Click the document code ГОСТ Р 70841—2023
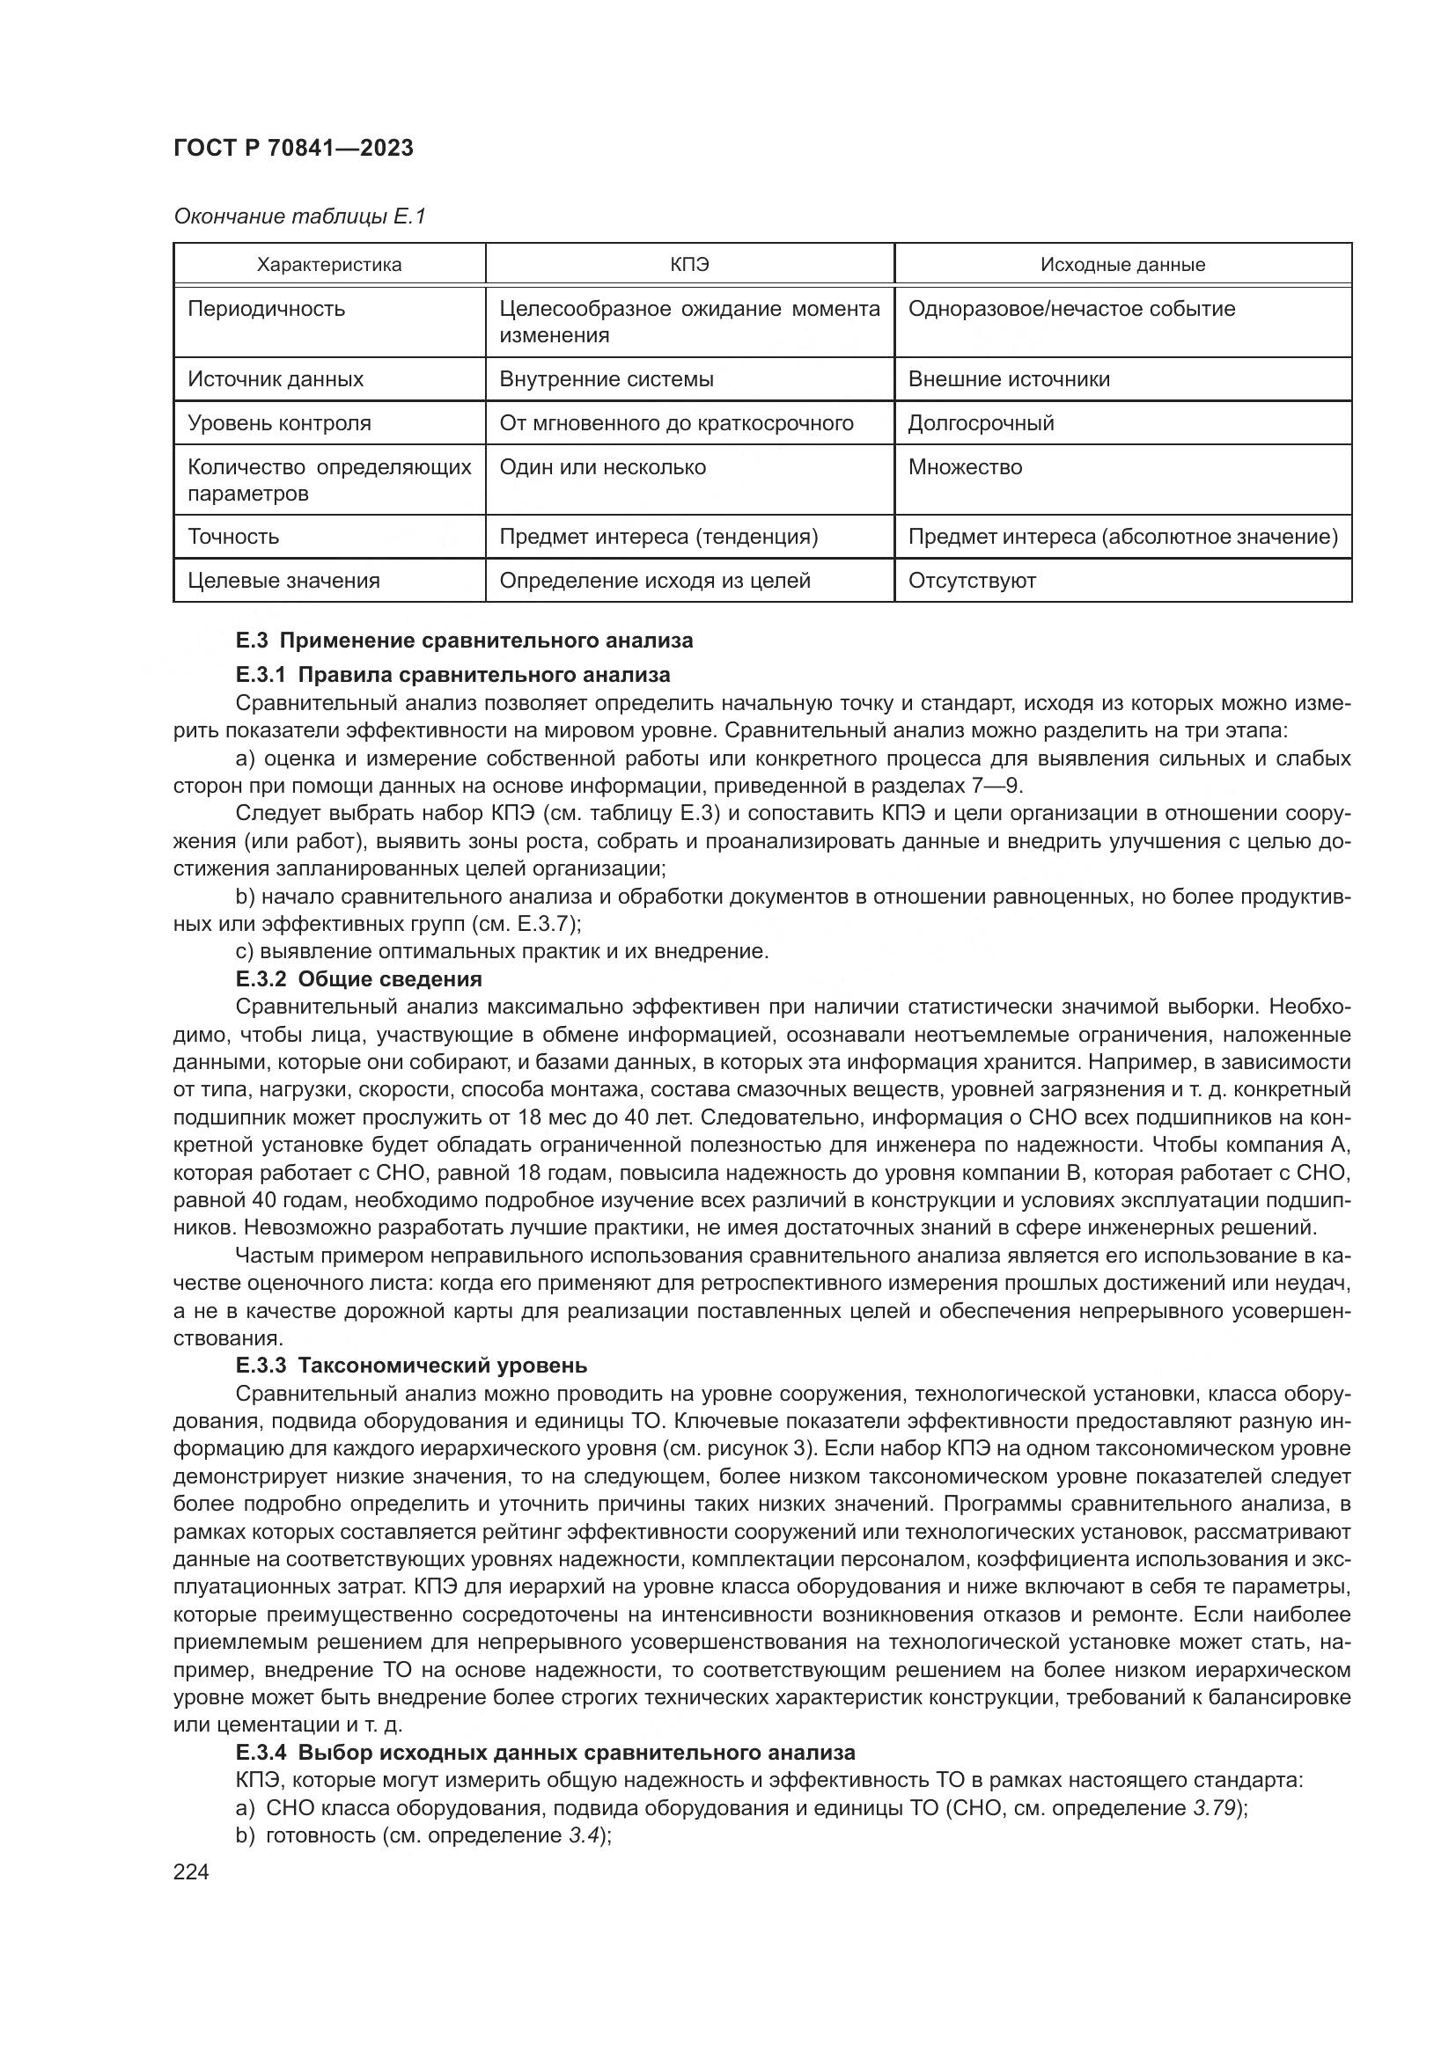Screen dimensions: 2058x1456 293,148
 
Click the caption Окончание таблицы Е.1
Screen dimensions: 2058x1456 299,217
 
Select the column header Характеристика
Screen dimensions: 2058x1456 329,265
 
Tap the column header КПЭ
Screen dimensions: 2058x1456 688,265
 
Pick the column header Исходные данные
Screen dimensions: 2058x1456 1122,265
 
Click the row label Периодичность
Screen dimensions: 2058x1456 266,309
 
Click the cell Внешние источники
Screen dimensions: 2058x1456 1009,379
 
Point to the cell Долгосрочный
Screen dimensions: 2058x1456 981,423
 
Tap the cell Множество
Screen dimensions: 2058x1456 965,467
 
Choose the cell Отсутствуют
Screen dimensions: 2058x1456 972,581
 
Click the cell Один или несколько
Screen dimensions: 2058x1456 602,467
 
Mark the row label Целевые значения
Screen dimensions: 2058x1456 283,581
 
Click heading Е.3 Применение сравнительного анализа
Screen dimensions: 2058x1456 465,641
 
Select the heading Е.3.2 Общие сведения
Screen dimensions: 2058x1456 358,978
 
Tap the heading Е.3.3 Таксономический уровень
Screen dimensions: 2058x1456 411,1366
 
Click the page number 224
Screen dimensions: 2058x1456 191,1872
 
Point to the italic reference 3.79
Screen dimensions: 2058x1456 1215,1808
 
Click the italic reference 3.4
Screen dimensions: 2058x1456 584,1835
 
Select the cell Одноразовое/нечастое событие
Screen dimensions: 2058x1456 1071,309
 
